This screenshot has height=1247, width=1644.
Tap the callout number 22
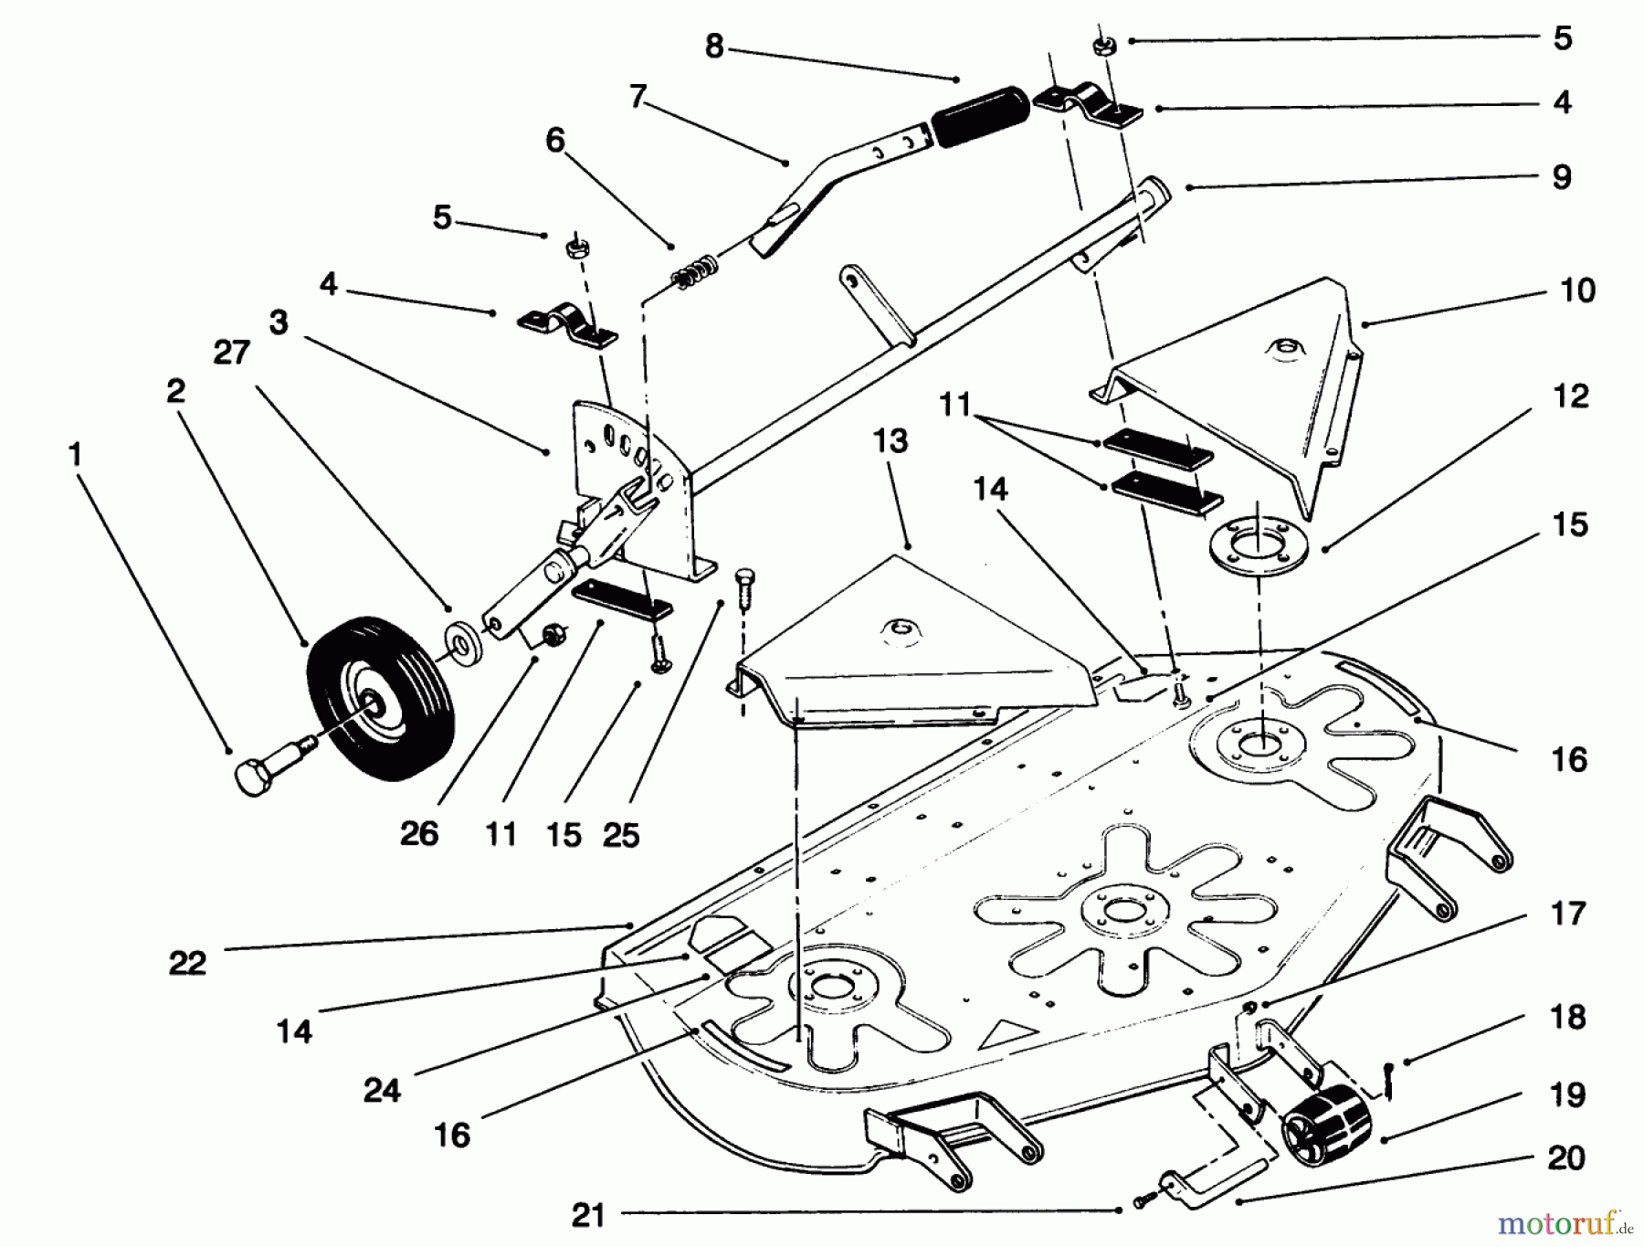187,963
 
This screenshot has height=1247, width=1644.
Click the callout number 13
890,441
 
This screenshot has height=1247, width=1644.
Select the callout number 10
1577,291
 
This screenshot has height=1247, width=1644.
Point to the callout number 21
588,1215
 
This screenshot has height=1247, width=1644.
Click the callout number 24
382,1090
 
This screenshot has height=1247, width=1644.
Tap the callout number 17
1567,914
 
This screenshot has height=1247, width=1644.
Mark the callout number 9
1562,176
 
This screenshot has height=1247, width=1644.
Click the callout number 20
1566,1158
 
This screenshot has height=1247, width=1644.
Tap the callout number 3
279,322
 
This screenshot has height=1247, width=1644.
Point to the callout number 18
1567,1017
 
